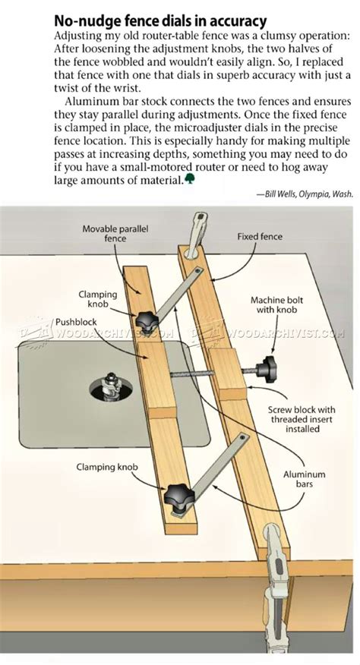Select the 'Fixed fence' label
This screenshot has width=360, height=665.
pos(259,236)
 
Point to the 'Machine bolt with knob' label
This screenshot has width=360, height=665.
pos(276,306)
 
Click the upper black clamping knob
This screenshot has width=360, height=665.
pos(147,316)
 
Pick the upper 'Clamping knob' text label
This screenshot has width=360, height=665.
pos(94,298)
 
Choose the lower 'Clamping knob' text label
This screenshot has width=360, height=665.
pos(106,468)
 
